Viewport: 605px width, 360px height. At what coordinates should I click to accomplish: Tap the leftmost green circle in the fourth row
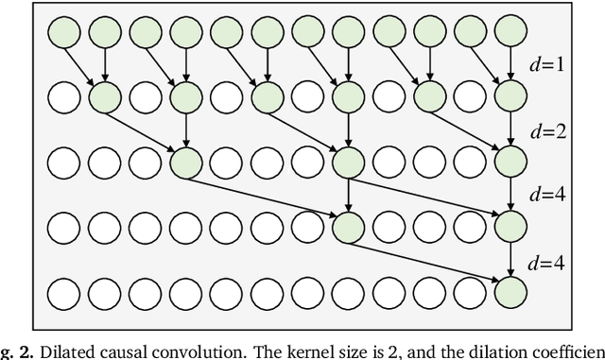tap(348, 225)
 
